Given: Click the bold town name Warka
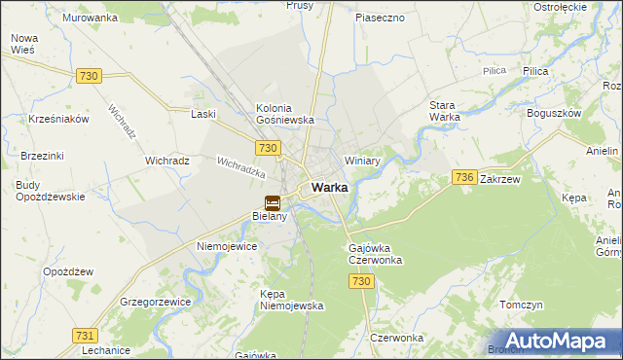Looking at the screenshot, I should pos(330,188).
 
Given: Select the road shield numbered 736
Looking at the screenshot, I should pos(464,177).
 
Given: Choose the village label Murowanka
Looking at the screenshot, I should pos(90,18).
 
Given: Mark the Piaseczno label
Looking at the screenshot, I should pos(380,18).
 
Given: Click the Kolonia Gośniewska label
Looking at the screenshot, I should pos(284,113).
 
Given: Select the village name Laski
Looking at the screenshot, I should pos(203,114).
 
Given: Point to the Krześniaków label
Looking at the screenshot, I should pos(58,119).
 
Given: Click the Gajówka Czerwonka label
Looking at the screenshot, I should pos(375,254).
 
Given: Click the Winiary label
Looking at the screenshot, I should pos(361,161).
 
